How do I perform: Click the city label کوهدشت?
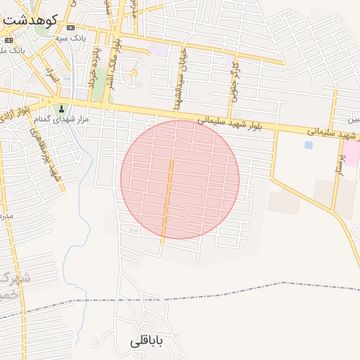pyautogui.click(x=27, y=20)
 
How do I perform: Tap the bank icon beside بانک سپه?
pyautogui.click(x=69, y=37)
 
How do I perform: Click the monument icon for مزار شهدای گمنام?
pyautogui.click(x=61, y=109)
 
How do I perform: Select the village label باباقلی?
pyautogui.click(x=146, y=342)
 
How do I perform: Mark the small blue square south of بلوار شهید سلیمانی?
pyautogui.click(x=308, y=146)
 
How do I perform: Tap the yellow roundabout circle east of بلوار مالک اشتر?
pyautogui.click(x=134, y=72)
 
